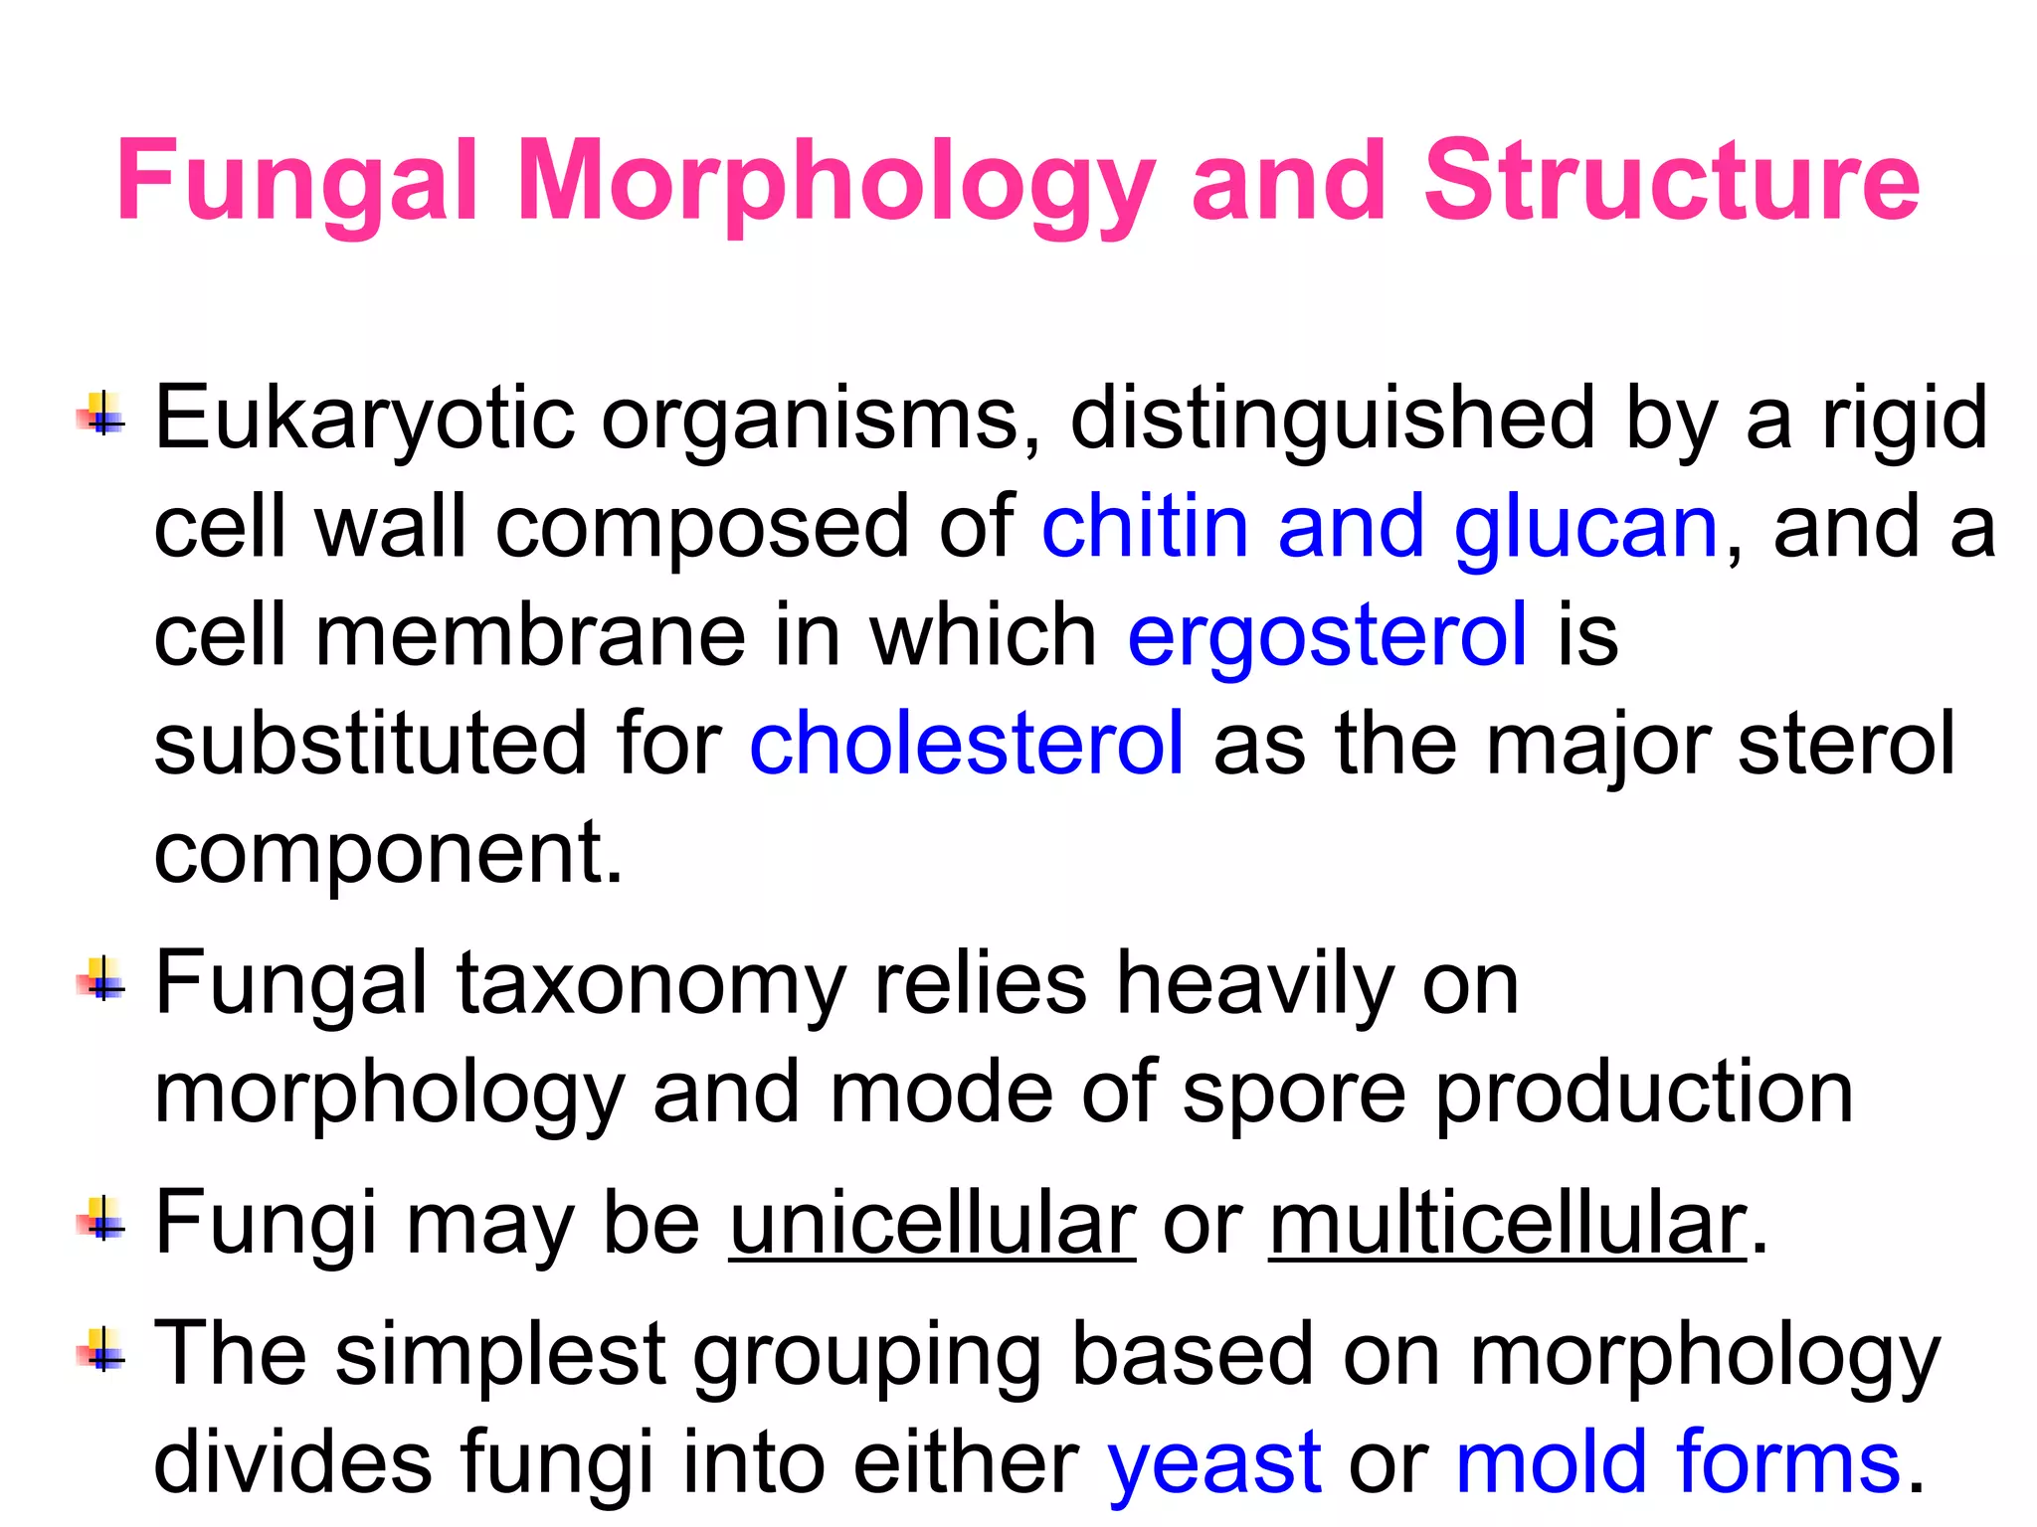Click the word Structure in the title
point(1671,181)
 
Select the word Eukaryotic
point(364,419)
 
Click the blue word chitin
point(1145,527)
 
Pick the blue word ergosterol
point(1327,636)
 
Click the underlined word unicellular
point(932,1224)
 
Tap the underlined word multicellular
point(1508,1224)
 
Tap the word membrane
point(530,636)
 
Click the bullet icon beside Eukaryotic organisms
point(100,414)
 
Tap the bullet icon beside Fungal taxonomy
point(100,978)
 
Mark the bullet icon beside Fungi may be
point(100,1219)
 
